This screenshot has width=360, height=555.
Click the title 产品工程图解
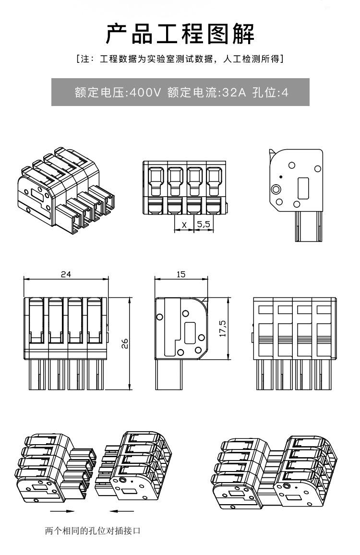click(180, 34)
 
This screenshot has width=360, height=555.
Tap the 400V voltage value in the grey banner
click(145, 93)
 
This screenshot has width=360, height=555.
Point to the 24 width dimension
click(66, 274)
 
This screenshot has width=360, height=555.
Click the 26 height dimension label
click(125, 343)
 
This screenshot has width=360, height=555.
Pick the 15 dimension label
click(180, 274)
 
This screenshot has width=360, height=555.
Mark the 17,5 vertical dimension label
click(223, 329)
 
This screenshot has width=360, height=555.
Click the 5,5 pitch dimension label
click(204, 224)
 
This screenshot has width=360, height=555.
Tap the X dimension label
click(184, 224)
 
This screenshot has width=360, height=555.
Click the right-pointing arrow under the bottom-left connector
click(63, 511)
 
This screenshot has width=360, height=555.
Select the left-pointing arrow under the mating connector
click(121, 511)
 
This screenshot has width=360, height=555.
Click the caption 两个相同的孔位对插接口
click(93, 531)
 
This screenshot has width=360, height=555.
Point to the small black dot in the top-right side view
click(281, 177)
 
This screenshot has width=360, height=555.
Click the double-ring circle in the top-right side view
click(276, 189)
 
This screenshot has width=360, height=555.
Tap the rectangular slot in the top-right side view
click(303, 188)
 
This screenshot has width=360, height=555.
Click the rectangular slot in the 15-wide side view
click(190, 332)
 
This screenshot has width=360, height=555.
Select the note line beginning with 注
click(180, 59)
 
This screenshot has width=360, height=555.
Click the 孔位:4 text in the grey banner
click(270, 93)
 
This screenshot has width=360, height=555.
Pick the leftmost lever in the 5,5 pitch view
click(156, 180)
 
